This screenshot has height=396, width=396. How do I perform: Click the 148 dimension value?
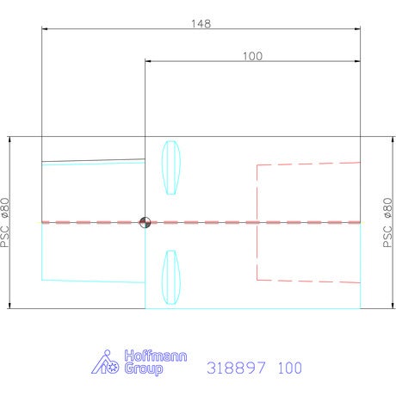(201, 23)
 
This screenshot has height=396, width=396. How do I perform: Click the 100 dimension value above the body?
(252, 56)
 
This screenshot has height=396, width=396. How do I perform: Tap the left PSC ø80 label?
(5, 222)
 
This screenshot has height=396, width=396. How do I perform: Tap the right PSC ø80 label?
(387, 222)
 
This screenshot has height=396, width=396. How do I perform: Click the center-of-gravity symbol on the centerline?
(145, 222)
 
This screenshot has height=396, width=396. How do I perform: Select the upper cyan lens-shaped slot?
(171, 168)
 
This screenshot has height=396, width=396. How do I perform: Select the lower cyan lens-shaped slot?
(171, 277)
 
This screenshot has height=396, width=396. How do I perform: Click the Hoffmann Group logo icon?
(105, 362)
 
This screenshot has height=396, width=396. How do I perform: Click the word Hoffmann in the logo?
(156, 356)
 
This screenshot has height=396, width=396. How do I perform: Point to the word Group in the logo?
(144, 368)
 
